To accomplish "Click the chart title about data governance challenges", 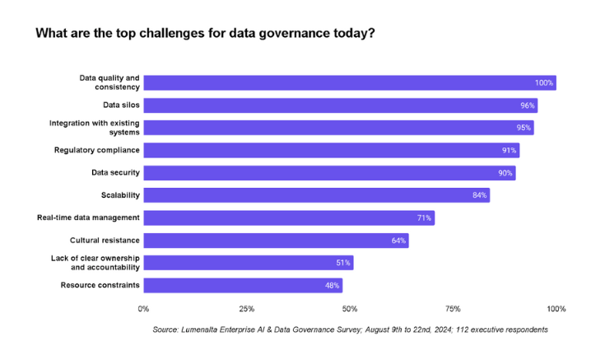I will click(x=205, y=34).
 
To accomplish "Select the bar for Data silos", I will click(x=340, y=105).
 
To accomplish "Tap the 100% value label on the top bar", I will click(x=543, y=82).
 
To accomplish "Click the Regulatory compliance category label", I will click(x=97, y=150).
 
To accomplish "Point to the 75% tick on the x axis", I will click(x=453, y=309).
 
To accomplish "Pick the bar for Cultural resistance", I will click(x=276, y=241).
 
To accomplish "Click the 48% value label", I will click(x=332, y=285).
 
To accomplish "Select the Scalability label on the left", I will click(x=119, y=195).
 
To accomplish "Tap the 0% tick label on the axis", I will click(x=143, y=309).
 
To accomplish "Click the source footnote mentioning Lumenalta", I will click(x=350, y=330).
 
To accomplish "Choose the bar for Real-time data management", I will click(x=289, y=217).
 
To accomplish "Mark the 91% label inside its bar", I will click(x=508, y=150).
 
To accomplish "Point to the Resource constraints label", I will click(x=100, y=285).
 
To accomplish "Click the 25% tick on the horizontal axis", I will click(x=246, y=309).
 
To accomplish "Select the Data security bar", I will click(x=329, y=173).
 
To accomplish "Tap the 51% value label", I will click(x=342, y=263).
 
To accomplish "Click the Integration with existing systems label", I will click(x=95, y=128).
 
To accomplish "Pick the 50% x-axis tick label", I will click(x=349, y=309).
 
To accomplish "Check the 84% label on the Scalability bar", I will click(x=479, y=195).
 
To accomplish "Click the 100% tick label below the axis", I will click(x=556, y=309).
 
